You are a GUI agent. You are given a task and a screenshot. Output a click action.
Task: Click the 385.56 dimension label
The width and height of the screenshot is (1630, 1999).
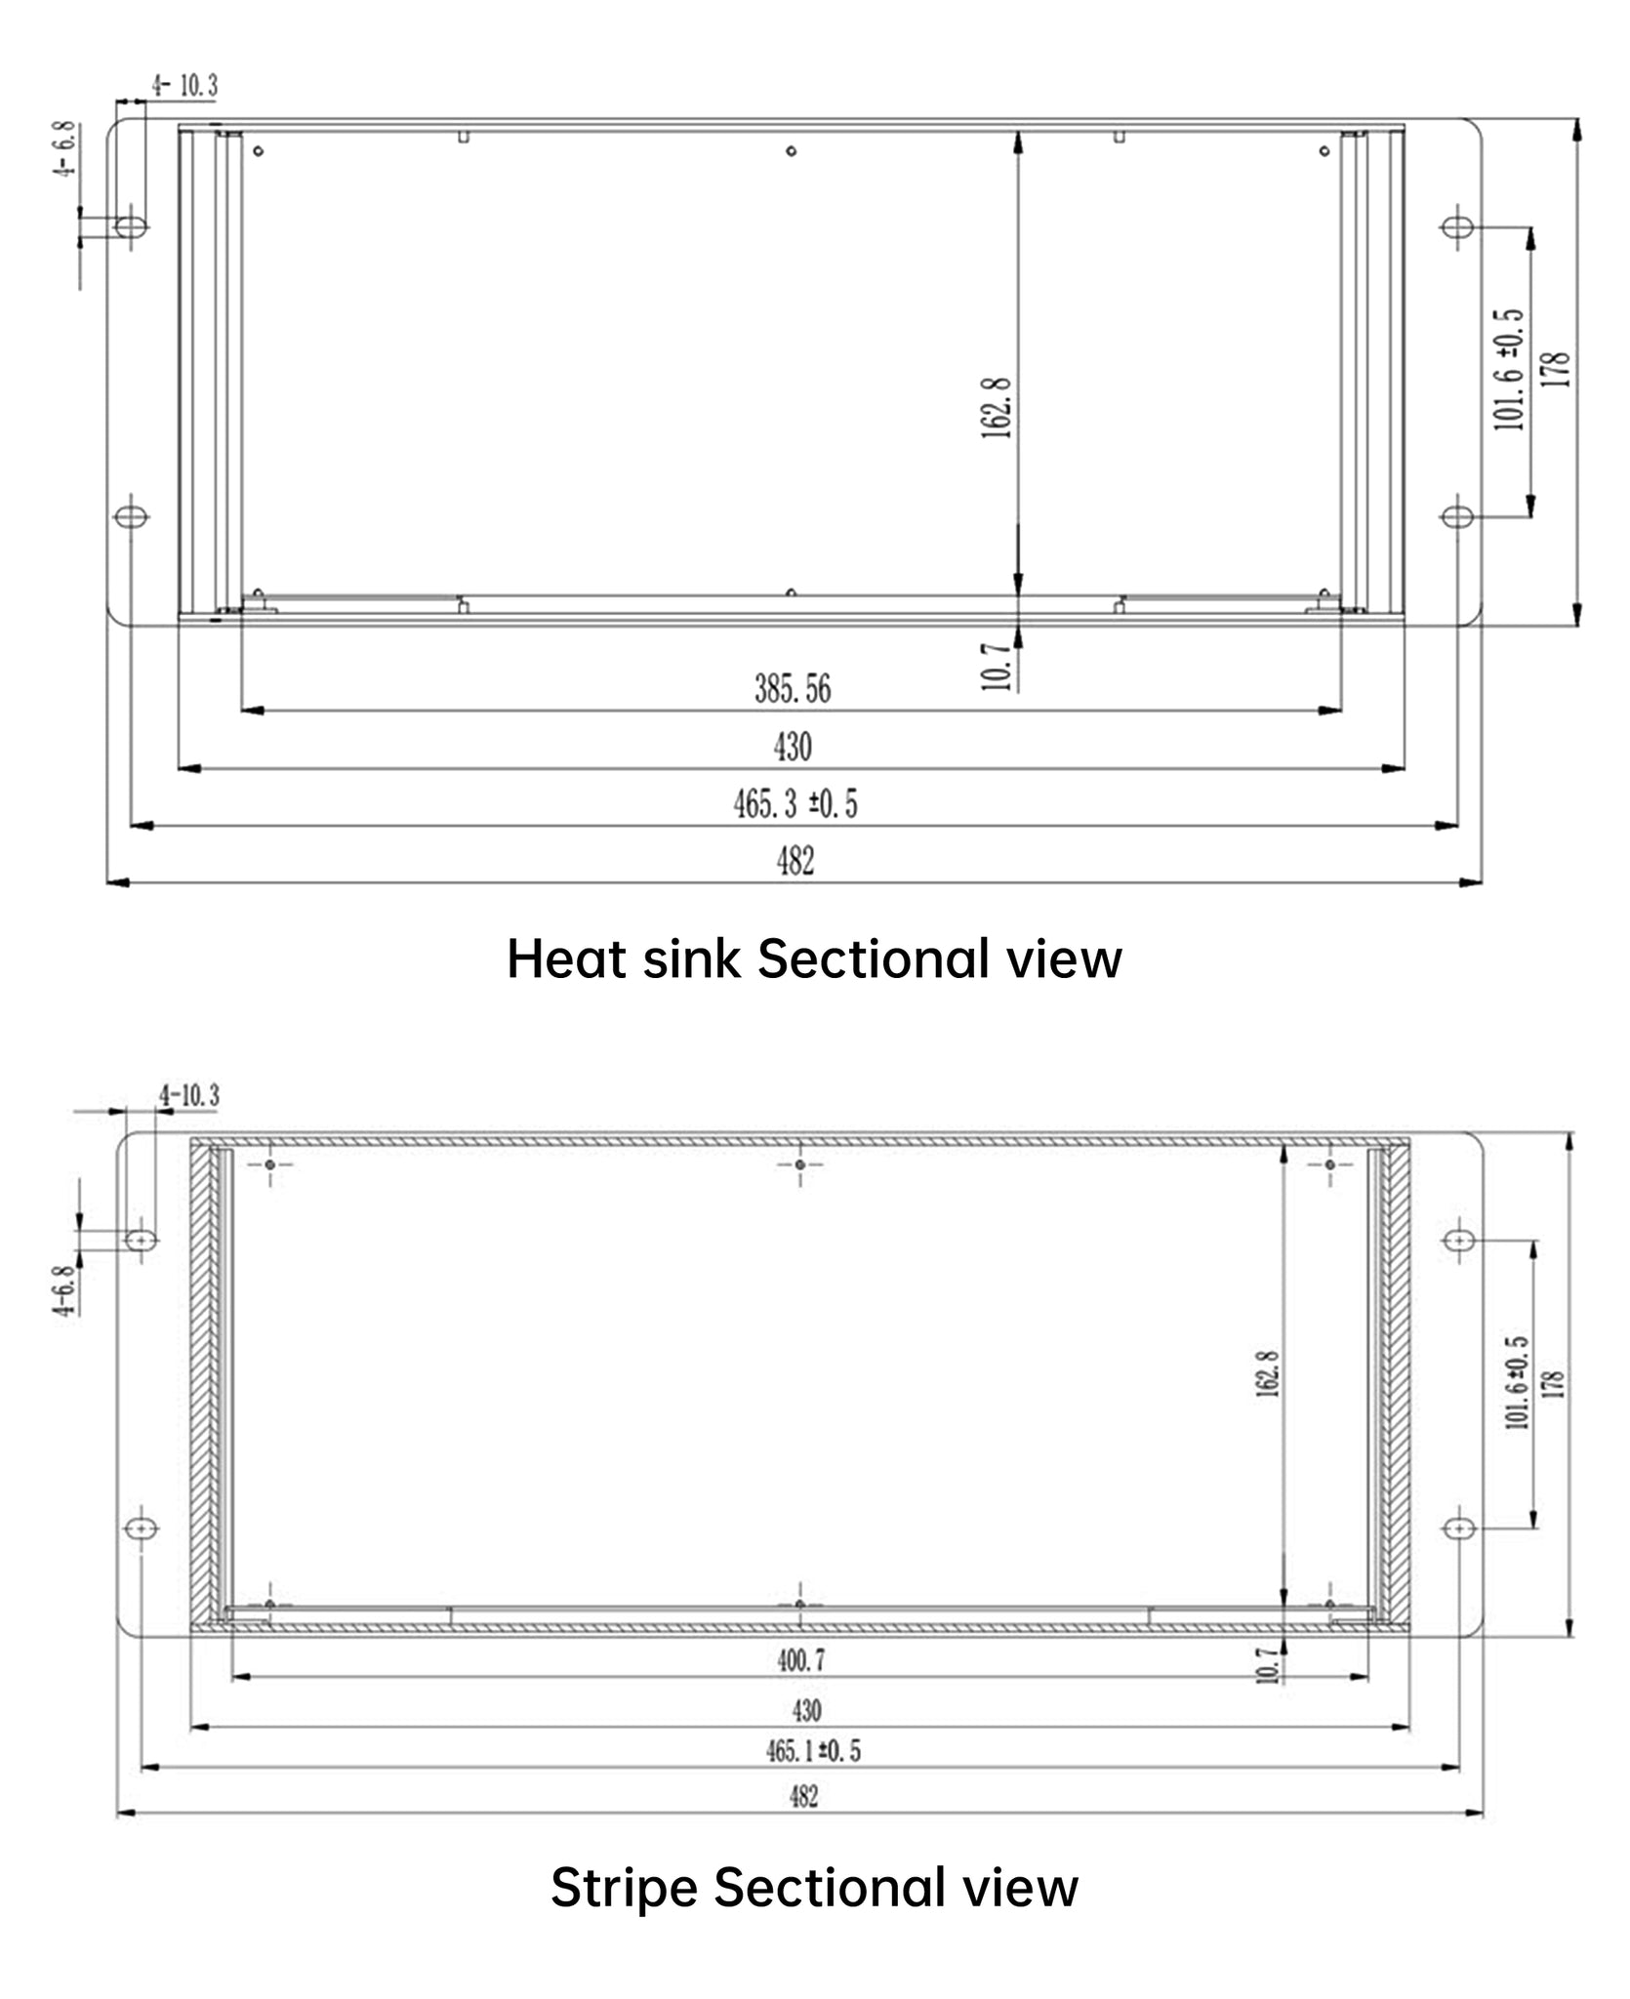[x=793, y=689]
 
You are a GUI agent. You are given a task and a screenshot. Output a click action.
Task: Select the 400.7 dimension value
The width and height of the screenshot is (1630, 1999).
[x=801, y=1659]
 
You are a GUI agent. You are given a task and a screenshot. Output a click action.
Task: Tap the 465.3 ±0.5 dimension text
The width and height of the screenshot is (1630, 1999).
[x=795, y=804]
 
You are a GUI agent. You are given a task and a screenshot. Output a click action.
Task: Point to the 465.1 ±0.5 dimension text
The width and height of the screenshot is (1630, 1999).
[x=813, y=1750]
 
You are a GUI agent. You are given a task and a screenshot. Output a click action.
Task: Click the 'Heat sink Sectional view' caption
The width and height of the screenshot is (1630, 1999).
[x=814, y=959]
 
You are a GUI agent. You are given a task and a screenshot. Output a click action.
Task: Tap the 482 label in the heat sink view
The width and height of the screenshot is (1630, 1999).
[x=795, y=861]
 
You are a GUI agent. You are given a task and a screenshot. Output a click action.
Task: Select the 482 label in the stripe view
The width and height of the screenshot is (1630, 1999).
[x=803, y=1796]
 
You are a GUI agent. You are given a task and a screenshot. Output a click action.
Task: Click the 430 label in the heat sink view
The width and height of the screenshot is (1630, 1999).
[x=793, y=747]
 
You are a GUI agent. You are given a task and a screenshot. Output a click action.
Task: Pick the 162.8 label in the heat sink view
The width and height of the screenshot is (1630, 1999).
[x=996, y=408]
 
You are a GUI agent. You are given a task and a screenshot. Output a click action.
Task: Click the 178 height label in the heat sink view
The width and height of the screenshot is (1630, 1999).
[x=1558, y=370]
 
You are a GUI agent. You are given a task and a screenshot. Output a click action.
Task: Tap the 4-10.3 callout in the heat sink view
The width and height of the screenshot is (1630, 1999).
[x=184, y=85]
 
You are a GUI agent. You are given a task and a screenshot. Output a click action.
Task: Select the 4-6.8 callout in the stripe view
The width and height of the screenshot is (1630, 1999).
[x=64, y=1291]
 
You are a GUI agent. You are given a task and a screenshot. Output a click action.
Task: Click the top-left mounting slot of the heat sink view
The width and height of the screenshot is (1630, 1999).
[x=132, y=226]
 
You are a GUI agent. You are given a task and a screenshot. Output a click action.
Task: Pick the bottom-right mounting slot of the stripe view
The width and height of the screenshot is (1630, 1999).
[x=1459, y=1527]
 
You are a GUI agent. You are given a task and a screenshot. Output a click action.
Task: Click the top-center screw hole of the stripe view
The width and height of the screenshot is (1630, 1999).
[x=800, y=1164]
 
